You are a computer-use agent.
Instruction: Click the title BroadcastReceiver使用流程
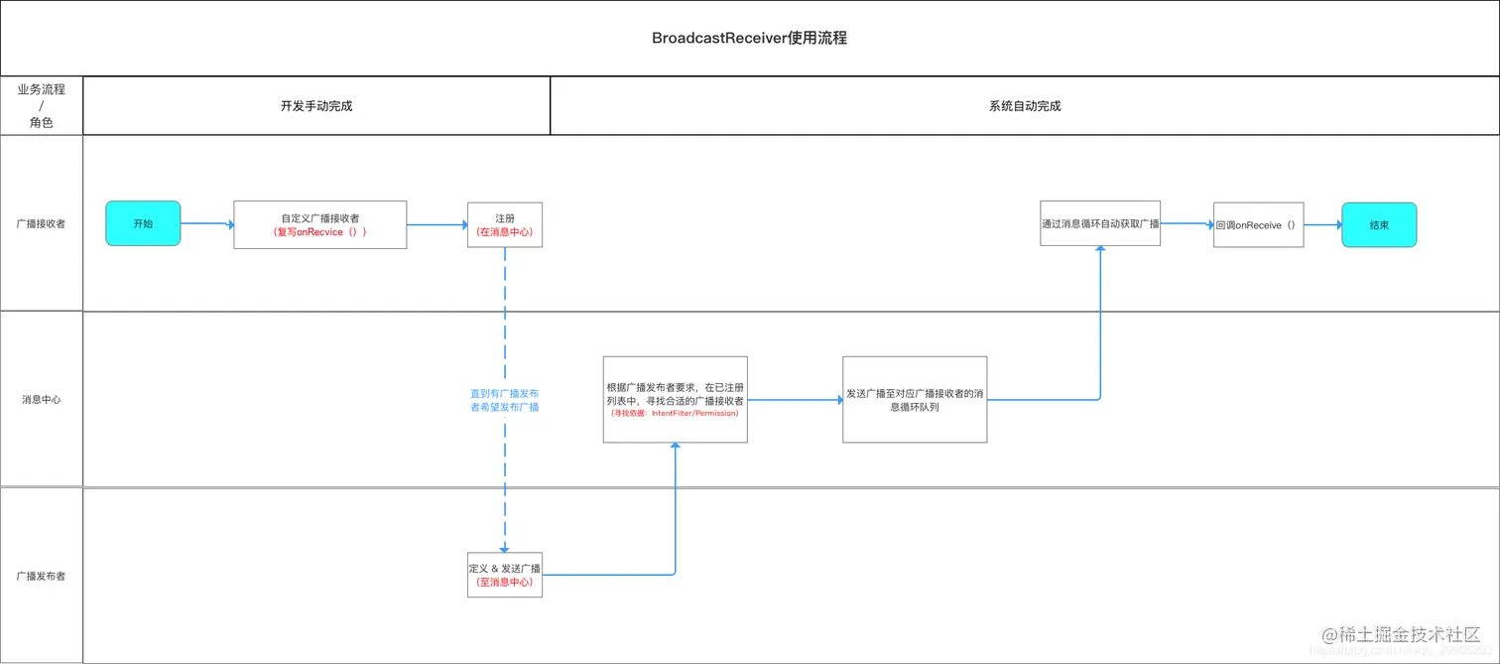tap(749, 39)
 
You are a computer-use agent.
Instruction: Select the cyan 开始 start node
tap(143, 224)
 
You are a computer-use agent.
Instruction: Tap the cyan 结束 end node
tap(1379, 225)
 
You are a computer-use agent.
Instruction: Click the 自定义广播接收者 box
tap(319, 224)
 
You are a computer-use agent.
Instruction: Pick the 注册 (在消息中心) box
tap(504, 224)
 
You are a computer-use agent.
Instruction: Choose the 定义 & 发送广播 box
tap(504, 575)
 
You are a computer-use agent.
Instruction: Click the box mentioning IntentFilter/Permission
tap(675, 399)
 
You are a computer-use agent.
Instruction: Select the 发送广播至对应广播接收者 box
tap(915, 399)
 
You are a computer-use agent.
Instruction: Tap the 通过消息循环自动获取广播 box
tap(1100, 223)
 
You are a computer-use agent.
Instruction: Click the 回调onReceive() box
tap(1258, 225)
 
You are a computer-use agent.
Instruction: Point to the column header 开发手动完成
tap(316, 106)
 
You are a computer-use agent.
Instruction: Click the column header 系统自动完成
tap(1025, 106)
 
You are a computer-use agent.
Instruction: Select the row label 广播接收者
tap(42, 224)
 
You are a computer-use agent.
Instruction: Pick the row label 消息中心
tap(42, 400)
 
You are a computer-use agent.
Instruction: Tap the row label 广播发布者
tap(42, 576)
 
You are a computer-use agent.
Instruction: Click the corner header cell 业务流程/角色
tap(42, 106)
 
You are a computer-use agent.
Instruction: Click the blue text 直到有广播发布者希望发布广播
tap(504, 400)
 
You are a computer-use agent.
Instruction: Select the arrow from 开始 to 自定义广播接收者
tap(206, 224)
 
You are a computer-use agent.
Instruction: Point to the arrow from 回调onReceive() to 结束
tap(1322, 225)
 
